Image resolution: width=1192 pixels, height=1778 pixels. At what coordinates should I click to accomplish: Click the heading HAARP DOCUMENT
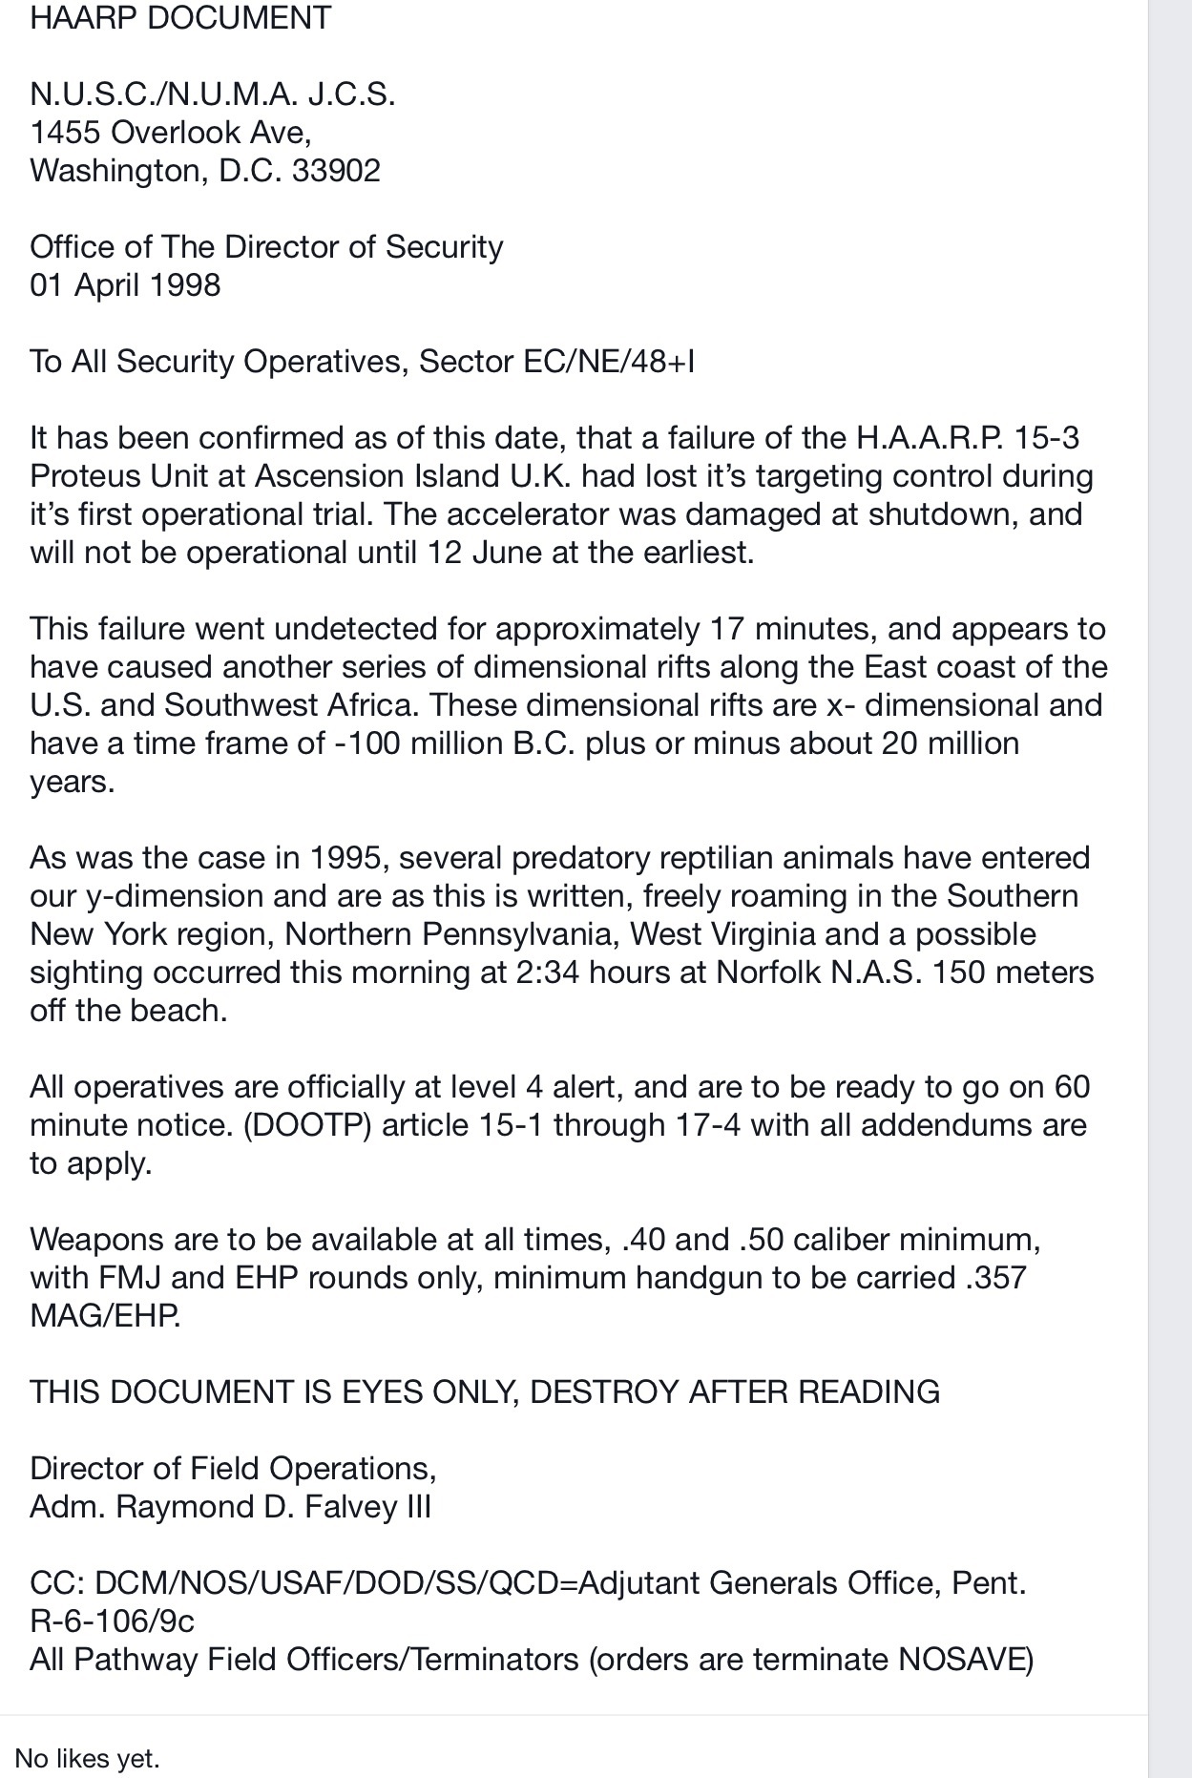click(180, 18)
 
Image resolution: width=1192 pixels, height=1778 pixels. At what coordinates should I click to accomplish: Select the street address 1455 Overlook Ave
click(169, 133)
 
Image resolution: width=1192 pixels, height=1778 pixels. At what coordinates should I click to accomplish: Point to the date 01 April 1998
click(125, 285)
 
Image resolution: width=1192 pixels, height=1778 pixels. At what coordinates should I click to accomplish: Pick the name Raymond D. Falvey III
click(274, 1507)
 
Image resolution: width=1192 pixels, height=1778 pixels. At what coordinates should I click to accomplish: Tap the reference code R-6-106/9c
click(113, 1621)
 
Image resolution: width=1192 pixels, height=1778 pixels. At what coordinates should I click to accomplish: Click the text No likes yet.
click(87, 1758)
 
